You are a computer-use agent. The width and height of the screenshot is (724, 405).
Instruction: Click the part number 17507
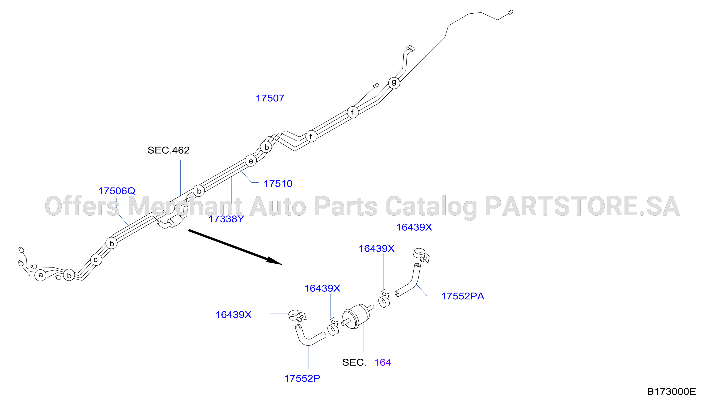click(270, 98)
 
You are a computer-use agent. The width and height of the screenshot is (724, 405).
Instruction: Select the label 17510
click(278, 184)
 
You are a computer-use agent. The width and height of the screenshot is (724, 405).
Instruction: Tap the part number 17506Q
click(117, 191)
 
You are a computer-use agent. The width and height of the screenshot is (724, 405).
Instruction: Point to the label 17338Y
click(226, 219)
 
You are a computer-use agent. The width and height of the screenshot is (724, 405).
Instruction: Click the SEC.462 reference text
click(169, 150)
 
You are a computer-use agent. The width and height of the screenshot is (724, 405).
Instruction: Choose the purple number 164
click(383, 362)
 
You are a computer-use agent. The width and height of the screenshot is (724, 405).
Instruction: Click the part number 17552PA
click(462, 296)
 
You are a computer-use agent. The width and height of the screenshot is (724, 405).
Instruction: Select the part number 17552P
click(302, 379)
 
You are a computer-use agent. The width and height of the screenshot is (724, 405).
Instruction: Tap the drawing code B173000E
click(671, 392)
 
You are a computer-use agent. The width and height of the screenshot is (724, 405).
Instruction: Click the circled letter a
click(40, 275)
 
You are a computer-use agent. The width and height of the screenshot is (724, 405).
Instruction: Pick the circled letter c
click(96, 260)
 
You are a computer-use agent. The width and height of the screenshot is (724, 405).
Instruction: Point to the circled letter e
click(251, 161)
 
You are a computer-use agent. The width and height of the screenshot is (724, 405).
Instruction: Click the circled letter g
click(394, 83)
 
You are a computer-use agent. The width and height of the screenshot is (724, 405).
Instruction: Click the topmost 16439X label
click(414, 227)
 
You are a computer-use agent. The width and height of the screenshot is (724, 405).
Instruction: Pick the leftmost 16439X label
click(233, 315)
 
